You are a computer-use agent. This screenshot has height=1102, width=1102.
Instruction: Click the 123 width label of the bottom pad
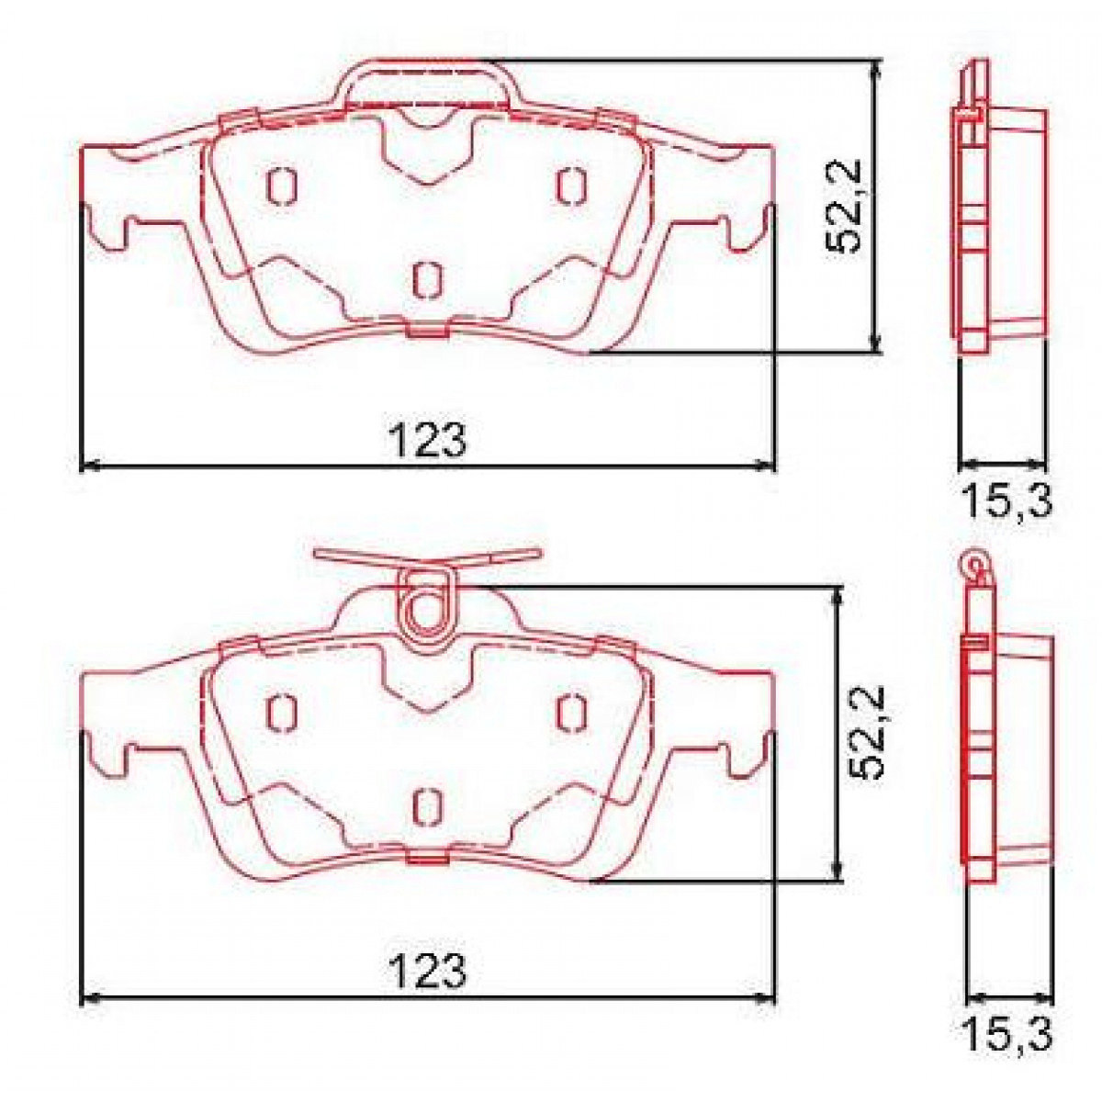click(429, 970)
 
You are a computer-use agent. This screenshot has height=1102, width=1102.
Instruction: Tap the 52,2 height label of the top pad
click(843, 207)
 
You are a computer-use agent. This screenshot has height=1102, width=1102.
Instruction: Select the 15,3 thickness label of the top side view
click(1006, 501)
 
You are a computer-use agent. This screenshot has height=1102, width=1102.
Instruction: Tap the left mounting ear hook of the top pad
click(108, 230)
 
